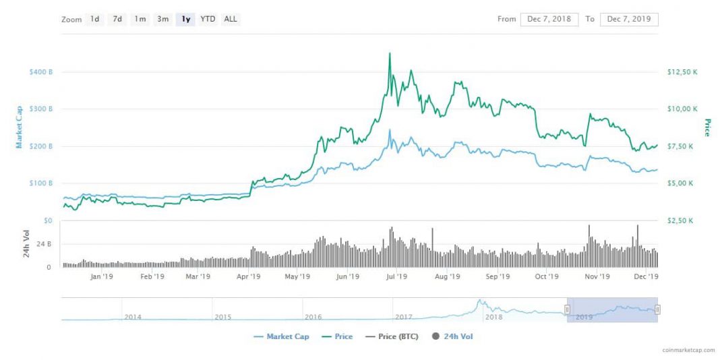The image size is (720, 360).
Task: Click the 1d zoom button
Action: click(x=95, y=19)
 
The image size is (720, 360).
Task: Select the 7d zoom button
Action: click(x=117, y=19)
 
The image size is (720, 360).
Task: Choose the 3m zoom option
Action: click(x=162, y=19)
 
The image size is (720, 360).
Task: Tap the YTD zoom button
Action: click(x=208, y=19)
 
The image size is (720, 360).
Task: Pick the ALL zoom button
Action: click(x=231, y=19)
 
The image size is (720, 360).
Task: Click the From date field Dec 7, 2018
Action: click(x=549, y=19)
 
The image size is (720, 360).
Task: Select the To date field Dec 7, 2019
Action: click(x=628, y=19)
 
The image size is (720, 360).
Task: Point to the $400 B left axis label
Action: click(x=41, y=71)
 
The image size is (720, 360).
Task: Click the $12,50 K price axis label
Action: click(x=682, y=71)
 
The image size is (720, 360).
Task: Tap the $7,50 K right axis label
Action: click(x=680, y=146)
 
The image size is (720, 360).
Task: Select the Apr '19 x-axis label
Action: click(x=249, y=276)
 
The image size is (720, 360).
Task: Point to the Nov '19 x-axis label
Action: click(x=597, y=276)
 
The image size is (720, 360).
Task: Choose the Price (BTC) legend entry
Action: click(x=391, y=336)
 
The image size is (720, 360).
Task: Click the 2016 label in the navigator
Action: click(x=313, y=317)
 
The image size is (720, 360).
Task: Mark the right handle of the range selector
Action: click(x=657, y=309)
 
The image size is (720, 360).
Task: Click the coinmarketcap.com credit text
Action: click(x=686, y=351)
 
